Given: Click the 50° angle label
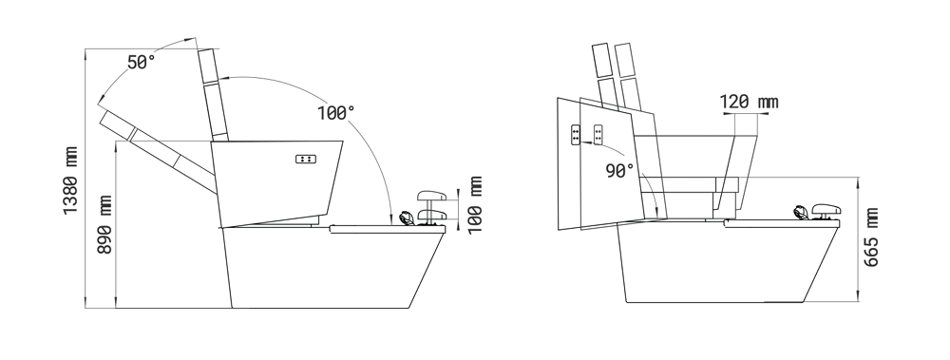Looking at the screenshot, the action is point(142,62).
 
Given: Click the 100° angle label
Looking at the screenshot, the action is point(335,113).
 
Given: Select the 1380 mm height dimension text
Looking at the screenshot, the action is point(71,180).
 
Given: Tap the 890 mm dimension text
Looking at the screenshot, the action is point(104,224).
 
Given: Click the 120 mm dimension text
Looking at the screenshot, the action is point(749,102).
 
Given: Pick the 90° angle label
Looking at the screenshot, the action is point(619,171).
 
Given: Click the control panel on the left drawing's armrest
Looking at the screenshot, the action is point(306,159).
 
